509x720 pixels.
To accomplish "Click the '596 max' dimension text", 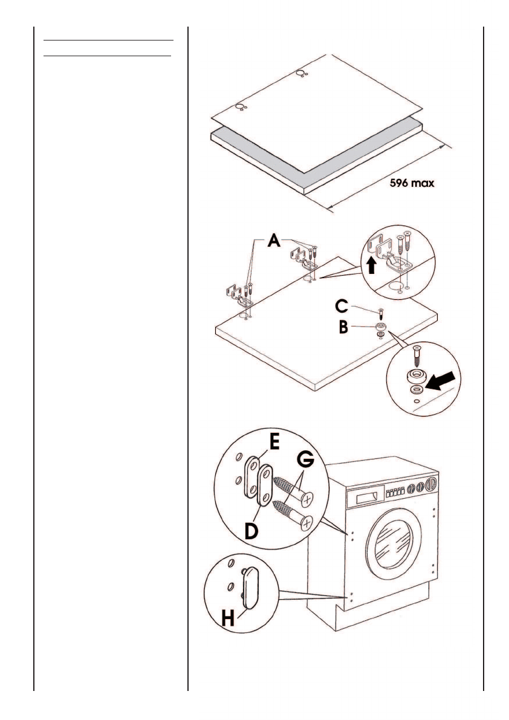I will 412,183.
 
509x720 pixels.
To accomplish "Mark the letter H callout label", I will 228,617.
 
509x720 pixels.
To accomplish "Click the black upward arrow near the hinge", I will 372,264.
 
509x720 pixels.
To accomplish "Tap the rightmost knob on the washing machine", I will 431,484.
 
